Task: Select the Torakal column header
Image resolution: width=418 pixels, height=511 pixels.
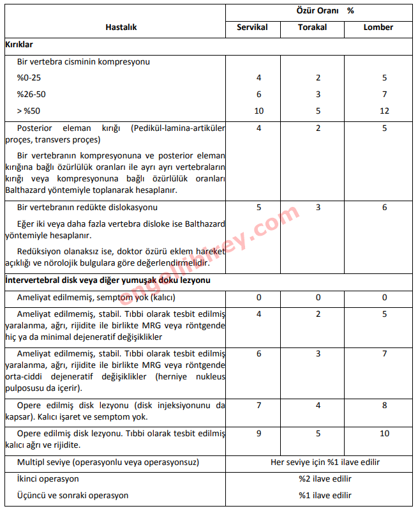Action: pos(313,27)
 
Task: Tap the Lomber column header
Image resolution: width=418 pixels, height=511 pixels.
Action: pos(378,27)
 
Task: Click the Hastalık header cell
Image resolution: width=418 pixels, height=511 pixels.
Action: pos(121,27)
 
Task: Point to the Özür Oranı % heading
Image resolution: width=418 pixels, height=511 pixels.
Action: pos(325,11)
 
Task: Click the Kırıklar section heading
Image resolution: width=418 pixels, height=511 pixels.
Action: pos(19,45)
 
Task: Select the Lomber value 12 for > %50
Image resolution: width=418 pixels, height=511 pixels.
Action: pos(384,111)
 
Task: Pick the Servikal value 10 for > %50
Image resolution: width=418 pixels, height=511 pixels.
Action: pos(258,111)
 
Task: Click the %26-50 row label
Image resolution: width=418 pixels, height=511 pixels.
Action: pos(31,95)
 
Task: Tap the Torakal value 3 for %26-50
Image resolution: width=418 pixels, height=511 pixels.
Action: pos(318,95)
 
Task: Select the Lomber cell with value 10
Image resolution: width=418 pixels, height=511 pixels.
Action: pos(384,434)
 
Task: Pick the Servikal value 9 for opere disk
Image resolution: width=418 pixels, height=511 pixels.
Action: pos(258,434)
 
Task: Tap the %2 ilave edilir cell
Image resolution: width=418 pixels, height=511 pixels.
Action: pos(325,478)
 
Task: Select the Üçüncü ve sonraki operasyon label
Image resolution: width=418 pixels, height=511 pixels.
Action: pos(73,495)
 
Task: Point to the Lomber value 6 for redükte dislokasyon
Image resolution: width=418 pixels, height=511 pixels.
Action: pos(384,208)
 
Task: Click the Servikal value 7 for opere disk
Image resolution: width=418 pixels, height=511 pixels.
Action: pos(258,406)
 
